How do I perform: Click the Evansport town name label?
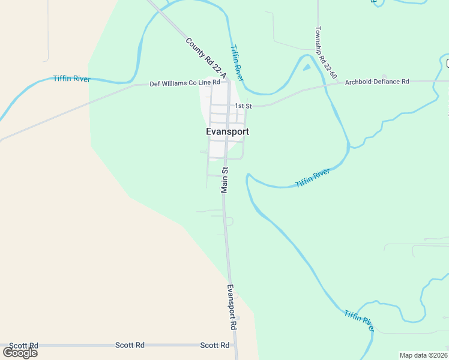(227, 132)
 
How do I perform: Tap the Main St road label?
(225, 180)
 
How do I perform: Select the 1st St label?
(243, 106)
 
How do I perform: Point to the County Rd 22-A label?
(205, 58)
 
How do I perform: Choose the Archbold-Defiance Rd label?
(376, 82)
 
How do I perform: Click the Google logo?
(20, 352)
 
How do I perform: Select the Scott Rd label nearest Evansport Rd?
(214, 346)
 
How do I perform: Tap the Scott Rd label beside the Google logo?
(24, 346)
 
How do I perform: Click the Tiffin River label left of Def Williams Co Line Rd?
(71, 79)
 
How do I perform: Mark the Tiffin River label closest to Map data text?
(359, 321)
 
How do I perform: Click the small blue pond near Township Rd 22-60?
(307, 67)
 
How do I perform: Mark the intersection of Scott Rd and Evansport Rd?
(235, 346)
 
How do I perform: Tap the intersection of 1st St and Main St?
(228, 106)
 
